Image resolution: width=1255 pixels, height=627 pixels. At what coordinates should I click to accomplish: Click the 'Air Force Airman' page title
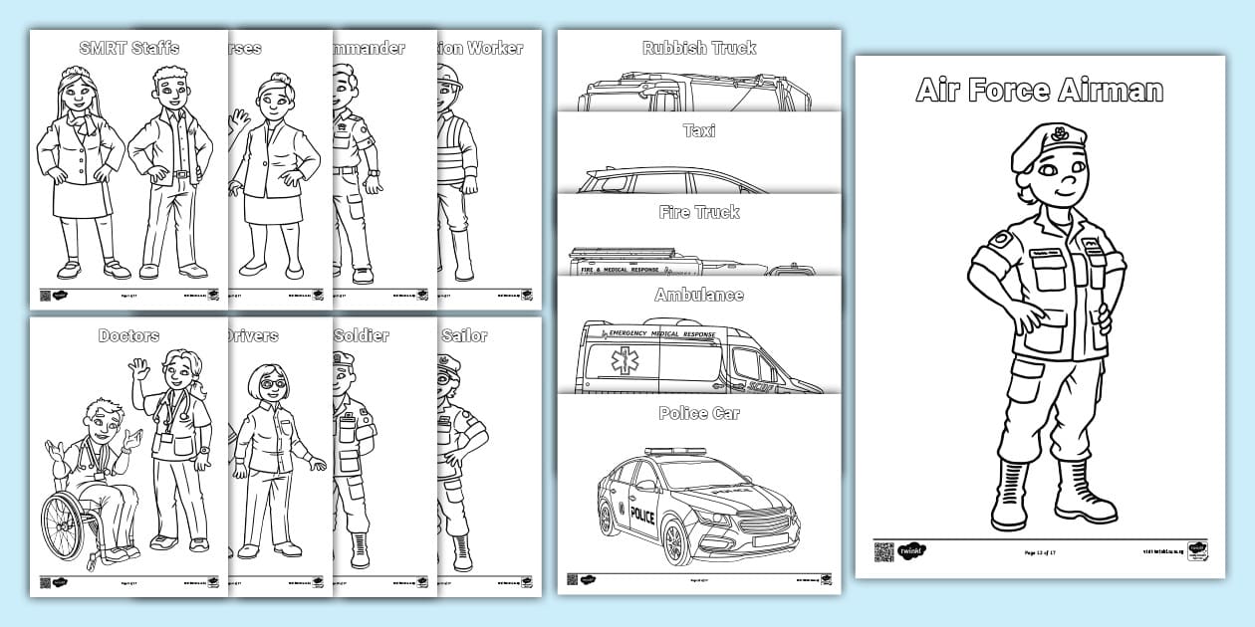[x=1039, y=91]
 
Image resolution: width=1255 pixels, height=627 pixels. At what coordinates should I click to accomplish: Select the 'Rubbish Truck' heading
[x=698, y=48]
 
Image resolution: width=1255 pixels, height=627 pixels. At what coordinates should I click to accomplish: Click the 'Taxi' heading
[x=698, y=130]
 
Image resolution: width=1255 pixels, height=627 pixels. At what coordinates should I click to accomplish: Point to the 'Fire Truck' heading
[x=698, y=212]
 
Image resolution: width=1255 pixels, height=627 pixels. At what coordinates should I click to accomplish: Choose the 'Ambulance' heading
[x=698, y=296]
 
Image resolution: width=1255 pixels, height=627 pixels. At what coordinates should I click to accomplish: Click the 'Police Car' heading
[x=698, y=413]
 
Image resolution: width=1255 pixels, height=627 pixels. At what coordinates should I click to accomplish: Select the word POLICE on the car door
[x=642, y=516]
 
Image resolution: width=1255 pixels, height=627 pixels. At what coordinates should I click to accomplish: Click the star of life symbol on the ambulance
[x=626, y=363]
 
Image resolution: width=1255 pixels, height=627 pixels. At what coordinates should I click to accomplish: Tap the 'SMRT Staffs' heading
[x=128, y=48]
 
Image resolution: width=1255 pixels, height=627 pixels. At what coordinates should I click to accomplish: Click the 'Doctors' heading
[x=128, y=335]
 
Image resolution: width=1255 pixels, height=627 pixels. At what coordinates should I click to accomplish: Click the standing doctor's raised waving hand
[x=138, y=369]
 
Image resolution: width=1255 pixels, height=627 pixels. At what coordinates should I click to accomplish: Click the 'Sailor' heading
[x=464, y=335]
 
